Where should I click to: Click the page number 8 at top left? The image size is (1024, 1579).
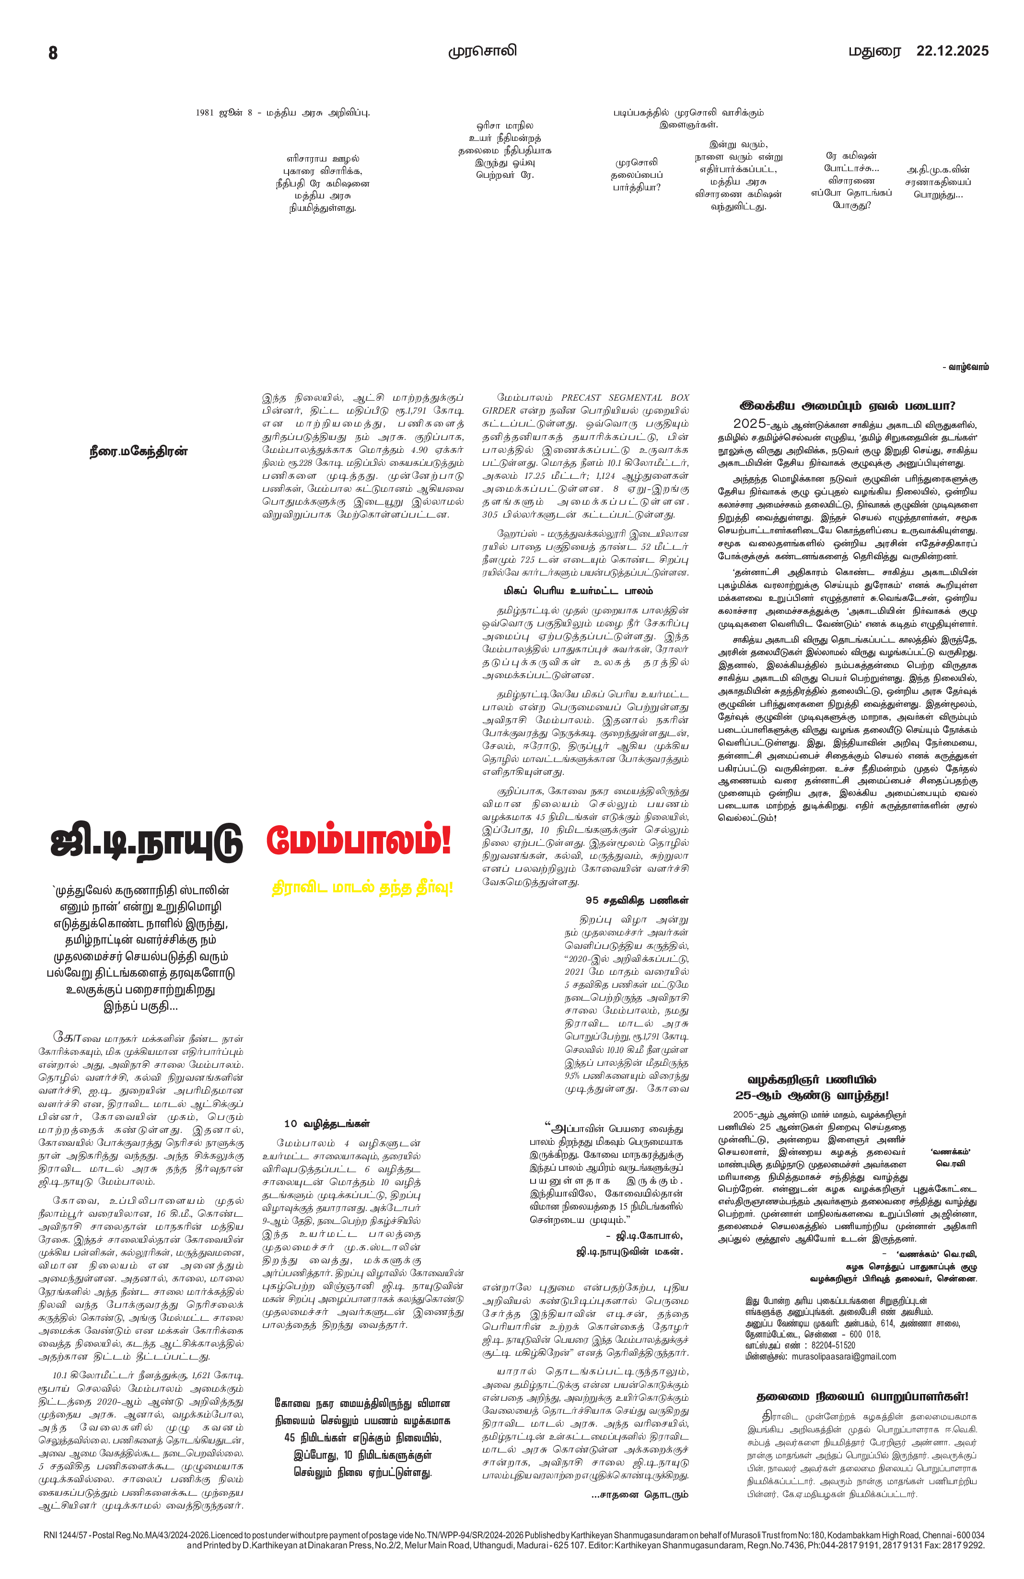(x=53, y=52)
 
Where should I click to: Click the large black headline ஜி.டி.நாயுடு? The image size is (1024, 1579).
(x=147, y=842)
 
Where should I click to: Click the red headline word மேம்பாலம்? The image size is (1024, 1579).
(x=359, y=841)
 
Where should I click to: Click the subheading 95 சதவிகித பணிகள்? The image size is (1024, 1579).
(x=637, y=900)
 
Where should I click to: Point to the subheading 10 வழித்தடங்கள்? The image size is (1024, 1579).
(x=326, y=1124)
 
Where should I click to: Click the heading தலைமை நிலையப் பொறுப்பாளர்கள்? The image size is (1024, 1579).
(x=862, y=1396)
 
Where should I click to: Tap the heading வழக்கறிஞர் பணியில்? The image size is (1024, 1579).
(x=812, y=1080)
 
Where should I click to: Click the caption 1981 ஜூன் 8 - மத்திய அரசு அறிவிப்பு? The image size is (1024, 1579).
(x=283, y=113)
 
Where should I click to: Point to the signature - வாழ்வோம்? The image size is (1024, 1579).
(x=965, y=367)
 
